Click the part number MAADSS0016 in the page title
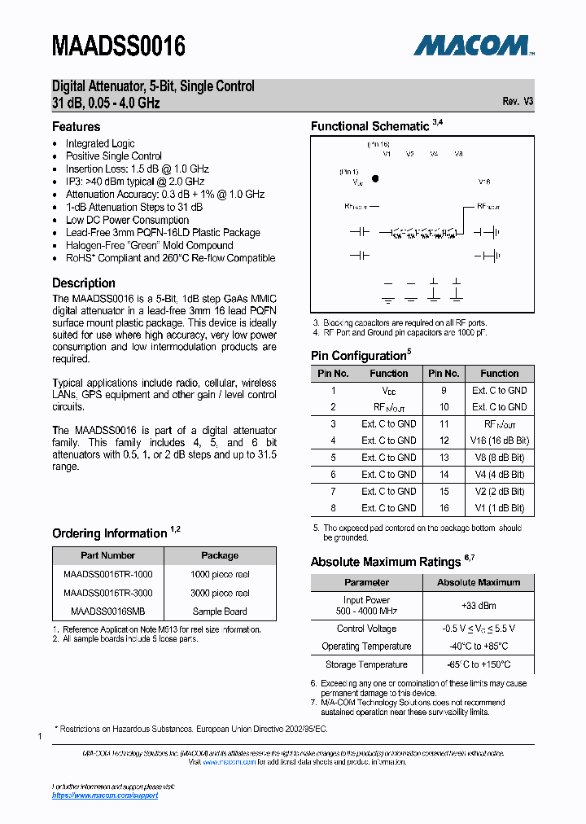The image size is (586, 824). [119, 46]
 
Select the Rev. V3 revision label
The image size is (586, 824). [518, 102]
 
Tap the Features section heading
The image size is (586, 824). [77, 127]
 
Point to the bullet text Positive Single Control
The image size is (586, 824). [114, 156]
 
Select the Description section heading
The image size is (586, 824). [84, 283]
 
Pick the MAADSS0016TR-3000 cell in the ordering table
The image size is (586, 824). [107, 594]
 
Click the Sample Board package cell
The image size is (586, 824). [220, 611]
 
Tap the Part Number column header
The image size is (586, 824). [107, 555]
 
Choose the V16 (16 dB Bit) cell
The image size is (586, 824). [499, 440]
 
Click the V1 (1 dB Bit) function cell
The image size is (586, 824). [499, 508]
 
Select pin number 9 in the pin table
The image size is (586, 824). [444, 390]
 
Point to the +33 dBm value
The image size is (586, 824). [479, 606]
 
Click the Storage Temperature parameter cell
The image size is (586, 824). [366, 664]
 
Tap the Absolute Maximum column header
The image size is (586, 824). [479, 582]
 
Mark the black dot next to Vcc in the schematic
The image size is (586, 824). [375, 178]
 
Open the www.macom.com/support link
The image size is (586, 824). [105, 796]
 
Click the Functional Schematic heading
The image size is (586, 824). [370, 126]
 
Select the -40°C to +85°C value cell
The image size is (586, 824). [479, 646]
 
